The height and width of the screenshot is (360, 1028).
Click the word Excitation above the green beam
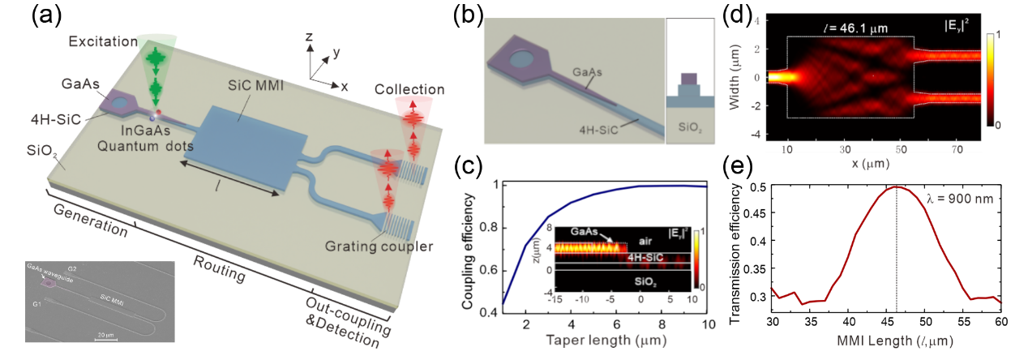tap(99, 41)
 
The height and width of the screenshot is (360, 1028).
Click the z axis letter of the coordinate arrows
tap(308, 38)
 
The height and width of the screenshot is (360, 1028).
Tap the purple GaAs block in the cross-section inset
tap(687, 79)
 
